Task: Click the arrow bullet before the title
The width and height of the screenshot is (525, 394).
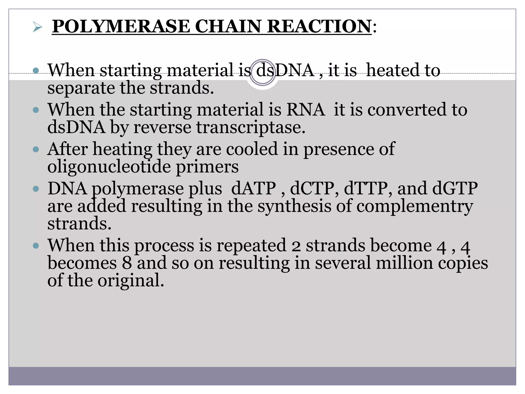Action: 37,27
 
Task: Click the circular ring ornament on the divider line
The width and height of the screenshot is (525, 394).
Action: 262,72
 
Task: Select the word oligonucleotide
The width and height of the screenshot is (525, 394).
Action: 109,167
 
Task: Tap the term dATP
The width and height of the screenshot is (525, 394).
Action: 254,189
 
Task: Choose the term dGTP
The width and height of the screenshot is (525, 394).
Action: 455,189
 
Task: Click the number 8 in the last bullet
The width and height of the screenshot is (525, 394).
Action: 127,263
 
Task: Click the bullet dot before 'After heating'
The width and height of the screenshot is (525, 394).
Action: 36,149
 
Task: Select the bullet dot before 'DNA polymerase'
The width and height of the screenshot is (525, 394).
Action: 36,189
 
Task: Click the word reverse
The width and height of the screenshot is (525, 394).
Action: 162,127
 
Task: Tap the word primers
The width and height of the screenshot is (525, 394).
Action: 207,167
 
